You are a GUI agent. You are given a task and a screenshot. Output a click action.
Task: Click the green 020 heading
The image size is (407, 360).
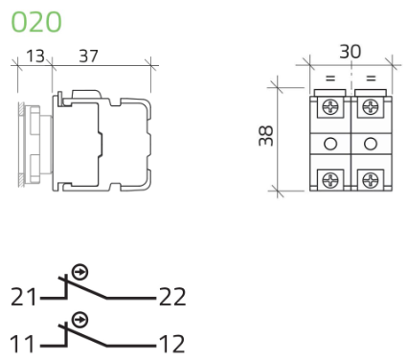(36, 22)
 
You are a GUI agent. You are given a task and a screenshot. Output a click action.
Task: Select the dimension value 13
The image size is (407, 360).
(35, 56)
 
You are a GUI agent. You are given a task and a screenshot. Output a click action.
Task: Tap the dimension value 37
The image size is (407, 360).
(88, 56)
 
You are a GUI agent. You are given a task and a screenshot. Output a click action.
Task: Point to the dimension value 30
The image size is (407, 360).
(350, 52)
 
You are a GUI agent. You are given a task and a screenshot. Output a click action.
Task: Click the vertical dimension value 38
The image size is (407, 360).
(266, 136)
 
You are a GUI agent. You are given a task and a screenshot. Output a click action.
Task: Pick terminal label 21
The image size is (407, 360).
(24, 297)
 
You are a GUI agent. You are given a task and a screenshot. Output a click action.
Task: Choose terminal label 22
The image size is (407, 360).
(172, 297)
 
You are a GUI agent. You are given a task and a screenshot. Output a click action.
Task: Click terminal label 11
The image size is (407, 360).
(22, 344)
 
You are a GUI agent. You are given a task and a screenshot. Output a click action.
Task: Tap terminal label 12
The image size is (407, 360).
(171, 344)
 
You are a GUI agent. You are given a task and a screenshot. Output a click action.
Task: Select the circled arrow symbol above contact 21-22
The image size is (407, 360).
(79, 272)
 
